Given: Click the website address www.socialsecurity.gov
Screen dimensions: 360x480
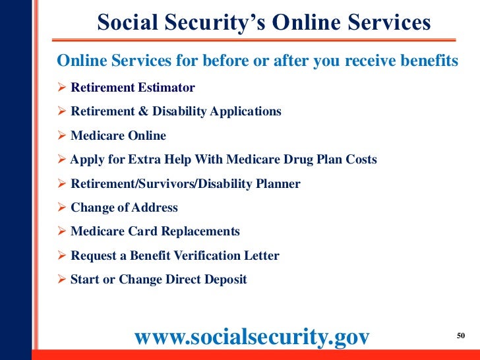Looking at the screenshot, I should pos(252,336).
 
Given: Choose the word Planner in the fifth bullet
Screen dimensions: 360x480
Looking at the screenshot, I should pos(276,184).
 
